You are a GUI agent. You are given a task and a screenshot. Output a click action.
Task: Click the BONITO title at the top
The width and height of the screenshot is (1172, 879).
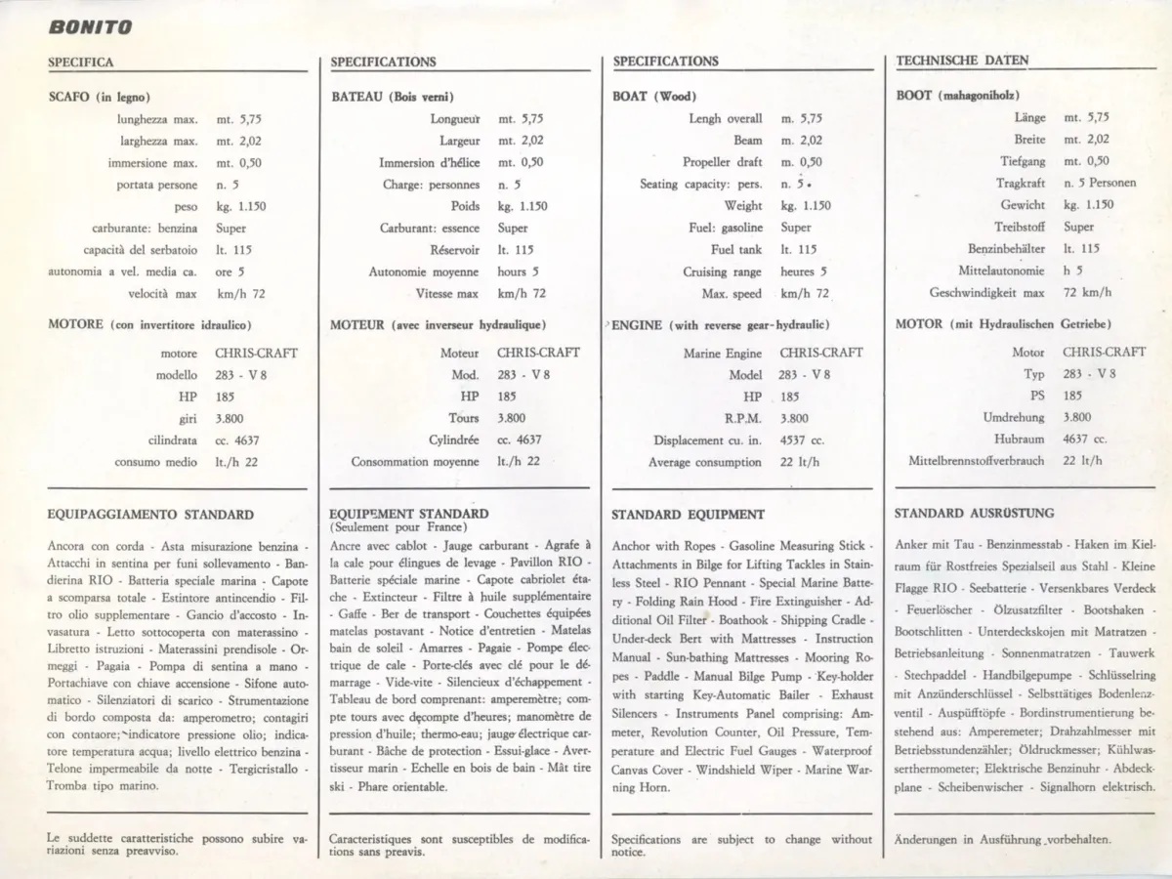[x=90, y=27]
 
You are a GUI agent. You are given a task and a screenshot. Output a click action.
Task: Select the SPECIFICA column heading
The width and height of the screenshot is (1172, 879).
[x=81, y=62]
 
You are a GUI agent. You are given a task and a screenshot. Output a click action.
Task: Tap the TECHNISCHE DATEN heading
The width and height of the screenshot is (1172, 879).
[x=962, y=61]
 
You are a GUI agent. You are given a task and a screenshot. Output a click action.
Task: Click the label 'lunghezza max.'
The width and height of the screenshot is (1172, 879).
[x=156, y=119]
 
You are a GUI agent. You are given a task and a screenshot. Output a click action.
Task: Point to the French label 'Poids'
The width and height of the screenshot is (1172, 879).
[x=465, y=206]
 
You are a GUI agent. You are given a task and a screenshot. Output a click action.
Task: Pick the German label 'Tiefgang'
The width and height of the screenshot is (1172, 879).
[x=1022, y=161]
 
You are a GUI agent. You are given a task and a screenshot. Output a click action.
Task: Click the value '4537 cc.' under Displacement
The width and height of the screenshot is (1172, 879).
[x=802, y=440]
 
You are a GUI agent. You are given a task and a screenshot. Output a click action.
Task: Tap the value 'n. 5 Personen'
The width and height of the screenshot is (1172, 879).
[x=1100, y=183]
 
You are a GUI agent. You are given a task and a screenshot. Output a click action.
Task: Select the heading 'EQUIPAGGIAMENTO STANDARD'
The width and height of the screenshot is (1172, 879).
[x=150, y=515]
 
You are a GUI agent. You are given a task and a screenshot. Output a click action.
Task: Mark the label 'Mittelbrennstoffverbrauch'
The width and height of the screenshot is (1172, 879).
[x=976, y=461]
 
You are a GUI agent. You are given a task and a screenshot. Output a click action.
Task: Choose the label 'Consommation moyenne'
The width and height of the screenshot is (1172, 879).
[x=415, y=462]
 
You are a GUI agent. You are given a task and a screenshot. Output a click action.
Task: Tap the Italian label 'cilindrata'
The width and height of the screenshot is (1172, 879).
[x=173, y=440]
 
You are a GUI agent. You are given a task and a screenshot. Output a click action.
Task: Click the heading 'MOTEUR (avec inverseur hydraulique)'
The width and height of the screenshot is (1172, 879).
[x=438, y=324]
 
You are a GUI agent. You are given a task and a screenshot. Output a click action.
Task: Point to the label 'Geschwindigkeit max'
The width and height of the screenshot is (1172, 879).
[x=986, y=292]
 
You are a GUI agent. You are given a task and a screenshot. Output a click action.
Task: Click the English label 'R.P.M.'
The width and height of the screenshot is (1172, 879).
[x=742, y=419]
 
